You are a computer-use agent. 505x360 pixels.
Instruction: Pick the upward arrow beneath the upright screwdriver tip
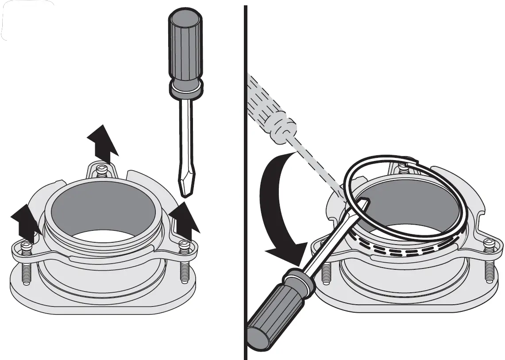coord(183,221)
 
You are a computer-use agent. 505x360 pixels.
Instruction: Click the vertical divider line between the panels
coord(245,177)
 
